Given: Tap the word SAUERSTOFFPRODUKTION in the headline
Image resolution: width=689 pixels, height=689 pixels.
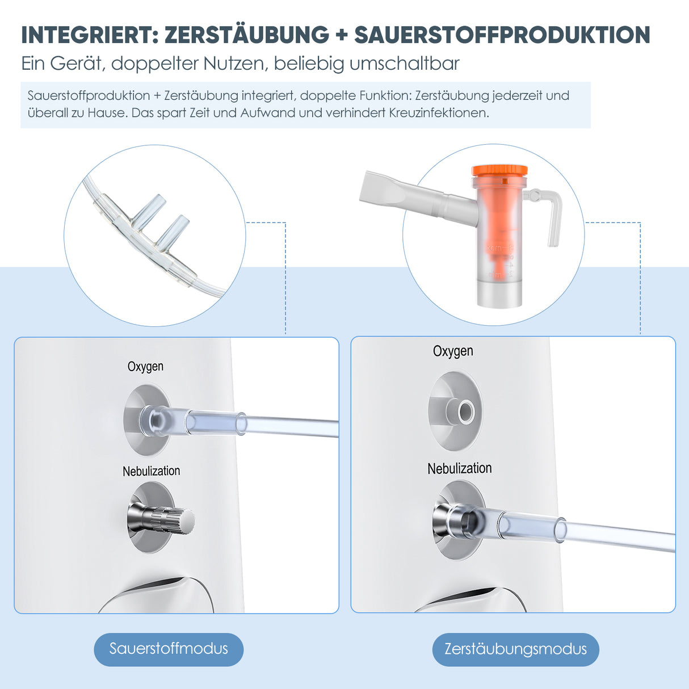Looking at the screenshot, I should click(x=502, y=35).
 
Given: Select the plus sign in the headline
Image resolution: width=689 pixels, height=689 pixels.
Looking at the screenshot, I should click(x=341, y=35).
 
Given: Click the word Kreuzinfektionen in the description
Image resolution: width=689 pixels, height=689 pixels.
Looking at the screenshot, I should click(x=438, y=113).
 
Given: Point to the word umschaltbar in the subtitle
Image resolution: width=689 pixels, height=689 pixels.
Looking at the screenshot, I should click(x=404, y=63).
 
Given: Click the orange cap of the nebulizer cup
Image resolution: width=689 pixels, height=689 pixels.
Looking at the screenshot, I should click(x=499, y=170).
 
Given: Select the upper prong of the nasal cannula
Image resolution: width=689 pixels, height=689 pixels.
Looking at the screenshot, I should click(x=149, y=207).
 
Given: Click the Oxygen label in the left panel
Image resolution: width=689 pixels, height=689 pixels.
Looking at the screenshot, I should click(x=145, y=367).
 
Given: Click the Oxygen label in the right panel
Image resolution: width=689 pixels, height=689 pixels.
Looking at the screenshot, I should click(x=453, y=351).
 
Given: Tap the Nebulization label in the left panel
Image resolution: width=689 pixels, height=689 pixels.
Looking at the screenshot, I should click(x=151, y=471).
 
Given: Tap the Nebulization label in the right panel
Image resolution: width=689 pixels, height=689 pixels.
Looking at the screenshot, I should click(x=459, y=469).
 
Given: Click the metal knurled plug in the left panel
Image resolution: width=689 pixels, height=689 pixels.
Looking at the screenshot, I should click(x=165, y=519).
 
